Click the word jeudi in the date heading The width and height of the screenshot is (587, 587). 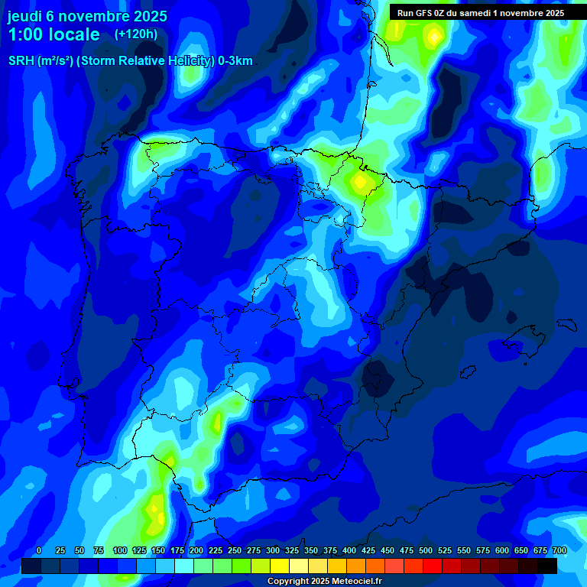[25, 16]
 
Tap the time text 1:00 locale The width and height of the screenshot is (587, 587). [54, 34]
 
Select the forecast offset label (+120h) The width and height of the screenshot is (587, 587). [135, 34]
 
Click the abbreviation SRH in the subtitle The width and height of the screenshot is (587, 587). [21, 61]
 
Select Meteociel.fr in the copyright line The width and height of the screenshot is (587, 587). [354, 582]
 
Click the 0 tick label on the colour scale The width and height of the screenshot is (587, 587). [39, 551]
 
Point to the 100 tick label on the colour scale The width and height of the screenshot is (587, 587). [120, 551]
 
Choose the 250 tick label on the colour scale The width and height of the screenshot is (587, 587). [235, 551]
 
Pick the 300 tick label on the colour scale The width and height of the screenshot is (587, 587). [273, 551]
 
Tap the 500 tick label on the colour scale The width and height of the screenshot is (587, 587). [426, 551]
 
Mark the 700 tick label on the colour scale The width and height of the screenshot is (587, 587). [559, 551]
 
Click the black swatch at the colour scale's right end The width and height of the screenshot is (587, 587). [547, 566]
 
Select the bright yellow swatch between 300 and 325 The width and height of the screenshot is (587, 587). [280, 566]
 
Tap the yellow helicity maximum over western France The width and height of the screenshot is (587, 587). [434, 35]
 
